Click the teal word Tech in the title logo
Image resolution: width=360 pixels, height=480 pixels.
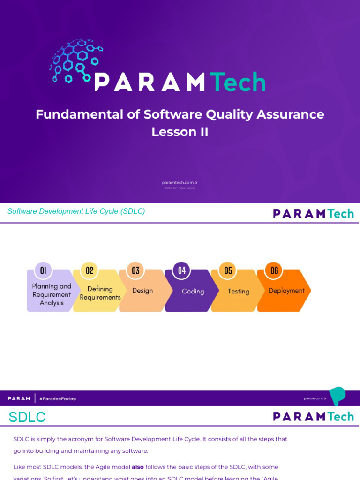(x=238, y=82)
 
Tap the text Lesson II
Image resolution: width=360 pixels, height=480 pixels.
(x=180, y=132)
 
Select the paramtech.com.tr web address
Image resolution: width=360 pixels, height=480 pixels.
(x=180, y=183)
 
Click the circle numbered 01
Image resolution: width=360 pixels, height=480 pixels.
(x=43, y=270)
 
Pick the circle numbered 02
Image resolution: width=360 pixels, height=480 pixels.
(x=90, y=270)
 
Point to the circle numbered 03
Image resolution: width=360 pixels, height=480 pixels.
(x=135, y=270)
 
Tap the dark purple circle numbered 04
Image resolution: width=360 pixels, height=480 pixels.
(x=182, y=270)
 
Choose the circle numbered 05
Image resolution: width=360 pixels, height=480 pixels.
(x=228, y=270)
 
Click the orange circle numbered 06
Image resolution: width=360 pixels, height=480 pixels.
(x=274, y=270)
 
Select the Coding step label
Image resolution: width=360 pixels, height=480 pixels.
(x=193, y=292)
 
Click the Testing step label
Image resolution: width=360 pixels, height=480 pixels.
(x=239, y=292)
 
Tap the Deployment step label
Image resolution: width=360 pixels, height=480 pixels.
(x=286, y=291)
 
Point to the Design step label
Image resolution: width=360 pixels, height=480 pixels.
(x=142, y=291)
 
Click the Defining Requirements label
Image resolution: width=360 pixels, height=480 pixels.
(x=100, y=293)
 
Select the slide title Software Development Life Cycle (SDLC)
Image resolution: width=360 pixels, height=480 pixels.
(x=76, y=211)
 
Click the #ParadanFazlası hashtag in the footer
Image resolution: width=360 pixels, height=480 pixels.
(x=58, y=398)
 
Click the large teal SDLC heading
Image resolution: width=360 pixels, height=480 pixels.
(x=27, y=417)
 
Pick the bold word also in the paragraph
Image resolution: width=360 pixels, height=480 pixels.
(x=138, y=467)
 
